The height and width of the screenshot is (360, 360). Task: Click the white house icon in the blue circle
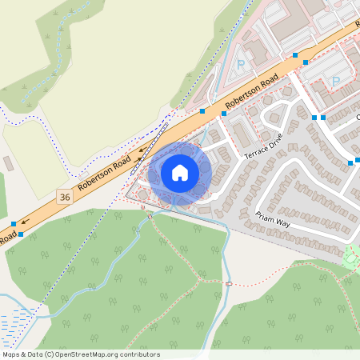coord(180,173)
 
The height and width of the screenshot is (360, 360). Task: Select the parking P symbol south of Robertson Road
coord(335,81)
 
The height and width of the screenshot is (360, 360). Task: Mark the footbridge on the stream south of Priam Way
coord(229,283)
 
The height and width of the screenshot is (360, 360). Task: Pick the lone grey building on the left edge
coord(8,163)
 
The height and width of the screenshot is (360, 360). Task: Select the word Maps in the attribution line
coord(12,354)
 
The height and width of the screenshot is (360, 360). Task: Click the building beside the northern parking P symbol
coord(257,53)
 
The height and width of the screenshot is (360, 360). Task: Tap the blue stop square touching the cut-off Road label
coord(21,234)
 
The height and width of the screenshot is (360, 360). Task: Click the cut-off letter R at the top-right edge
coord(357,24)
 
